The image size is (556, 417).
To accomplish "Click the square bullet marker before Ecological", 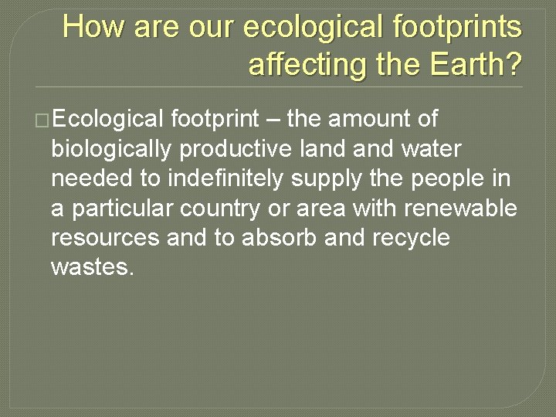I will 42,120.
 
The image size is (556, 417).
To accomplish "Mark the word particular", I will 120,208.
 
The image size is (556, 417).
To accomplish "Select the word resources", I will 105,238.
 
